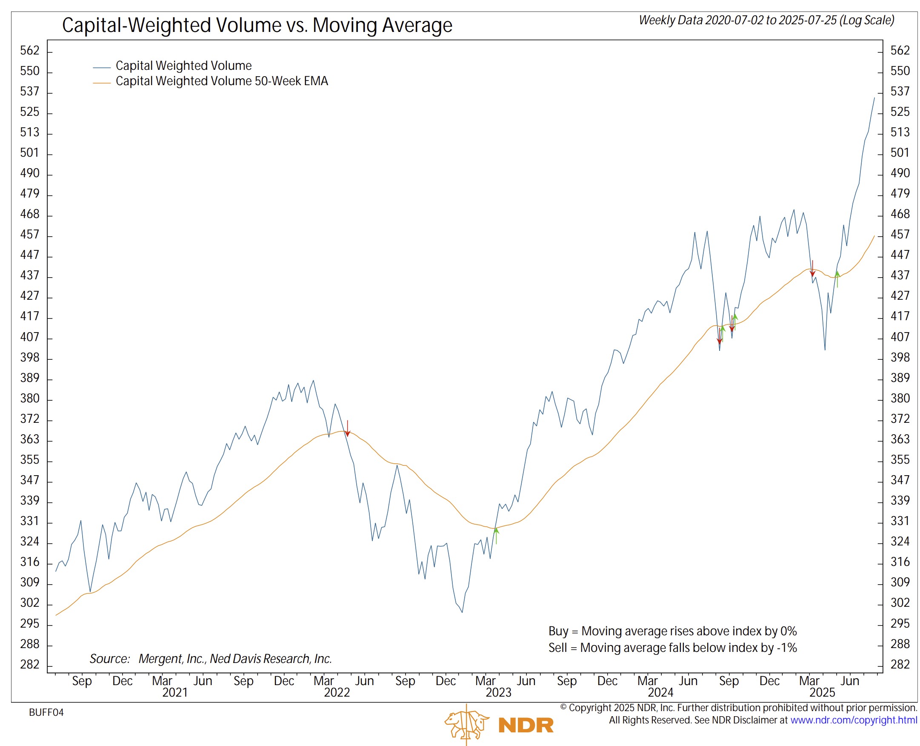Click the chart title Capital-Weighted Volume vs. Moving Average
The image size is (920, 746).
(257, 25)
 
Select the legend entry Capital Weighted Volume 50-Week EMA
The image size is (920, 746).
(221, 81)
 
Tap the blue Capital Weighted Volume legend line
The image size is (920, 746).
(102, 67)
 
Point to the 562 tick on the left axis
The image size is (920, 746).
(30, 51)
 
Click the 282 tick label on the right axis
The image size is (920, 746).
(900, 664)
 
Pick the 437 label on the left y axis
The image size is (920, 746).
(30, 275)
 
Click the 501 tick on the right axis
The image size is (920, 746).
(900, 152)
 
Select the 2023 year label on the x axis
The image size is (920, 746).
(498, 692)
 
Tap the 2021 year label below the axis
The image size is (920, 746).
(174, 692)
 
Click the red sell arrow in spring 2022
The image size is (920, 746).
(348, 429)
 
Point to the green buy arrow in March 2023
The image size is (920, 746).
(496, 535)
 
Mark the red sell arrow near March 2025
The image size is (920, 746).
(812, 269)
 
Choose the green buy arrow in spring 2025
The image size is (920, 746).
(837, 278)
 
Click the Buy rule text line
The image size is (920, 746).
(672, 631)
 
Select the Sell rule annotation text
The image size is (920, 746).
(672, 648)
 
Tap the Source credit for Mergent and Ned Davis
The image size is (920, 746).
(211, 658)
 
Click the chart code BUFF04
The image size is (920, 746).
(46, 712)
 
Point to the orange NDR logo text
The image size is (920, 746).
(525, 726)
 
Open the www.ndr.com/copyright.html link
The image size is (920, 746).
(854, 720)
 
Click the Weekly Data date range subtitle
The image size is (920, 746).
(766, 20)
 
